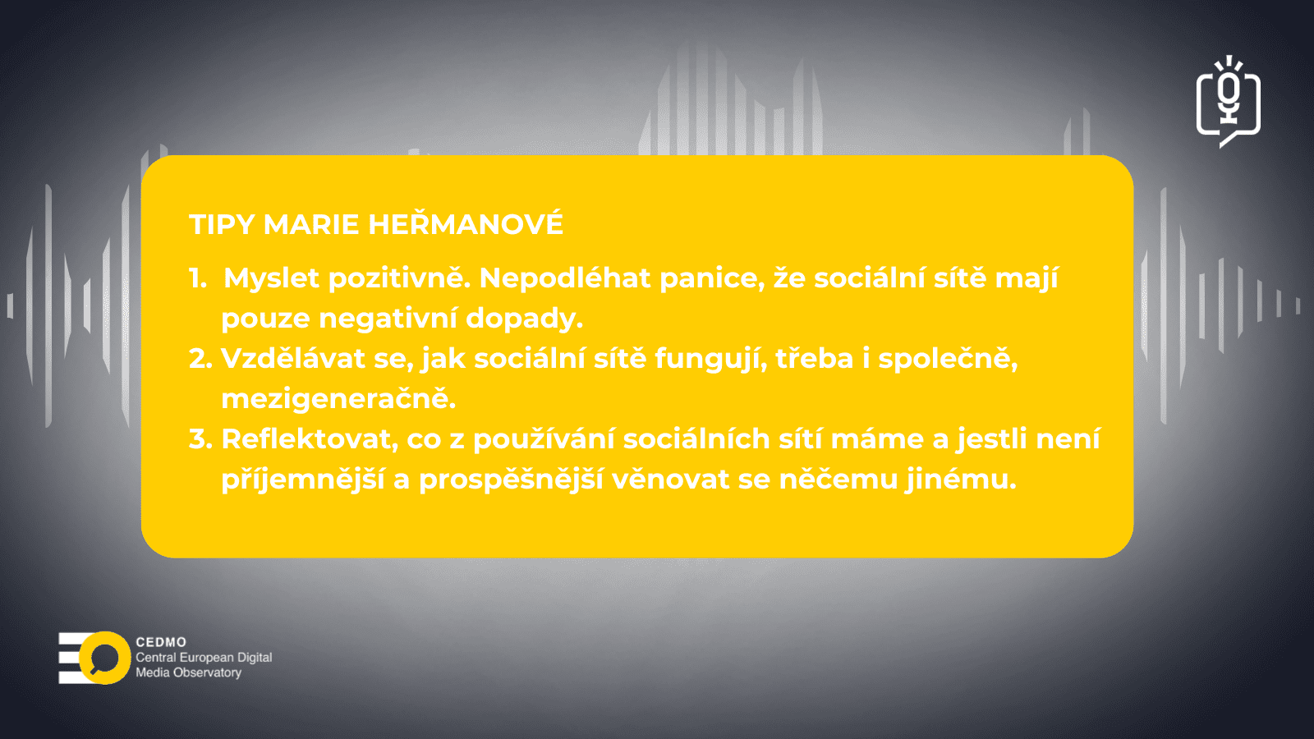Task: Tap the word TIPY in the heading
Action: coord(222,225)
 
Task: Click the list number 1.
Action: coord(198,278)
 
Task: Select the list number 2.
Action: coord(200,358)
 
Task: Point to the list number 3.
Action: coord(200,438)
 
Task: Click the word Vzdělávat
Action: coord(292,358)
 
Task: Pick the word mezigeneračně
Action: coord(338,399)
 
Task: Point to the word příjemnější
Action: coord(303,480)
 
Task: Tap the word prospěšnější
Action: coord(511,480)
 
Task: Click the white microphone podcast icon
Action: coord(1229,102)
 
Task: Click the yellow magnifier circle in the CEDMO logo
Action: coord(104,658)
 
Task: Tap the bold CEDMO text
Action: coord(161,642)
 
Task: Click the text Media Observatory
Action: coord(189,672)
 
